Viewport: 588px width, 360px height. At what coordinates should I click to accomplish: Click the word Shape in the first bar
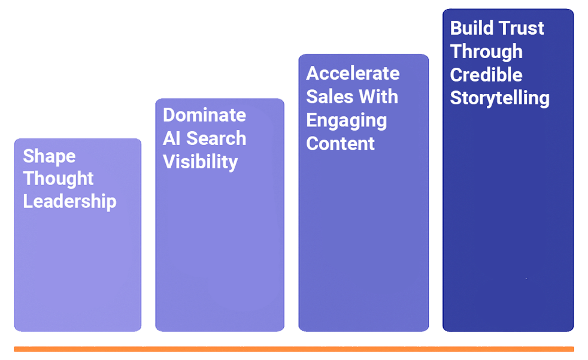(x=49, y=156)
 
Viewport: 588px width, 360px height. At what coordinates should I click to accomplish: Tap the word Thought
(x=58, y=179)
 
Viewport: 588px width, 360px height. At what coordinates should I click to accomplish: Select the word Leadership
(x=69, y=201)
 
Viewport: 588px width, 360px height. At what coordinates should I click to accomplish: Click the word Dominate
(x=204, y=115)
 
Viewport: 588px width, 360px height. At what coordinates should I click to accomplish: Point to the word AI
(x=172, y=138)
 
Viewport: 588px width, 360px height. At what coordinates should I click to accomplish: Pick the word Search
(x=216, y=138)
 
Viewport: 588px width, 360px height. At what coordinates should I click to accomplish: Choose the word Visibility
(x=200, y=162)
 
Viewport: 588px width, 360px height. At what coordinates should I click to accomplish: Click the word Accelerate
(x=353, y=73)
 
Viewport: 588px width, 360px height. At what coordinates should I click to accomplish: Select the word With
(x=378, y=96)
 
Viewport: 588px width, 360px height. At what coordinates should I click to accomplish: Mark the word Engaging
(x=346, y=120)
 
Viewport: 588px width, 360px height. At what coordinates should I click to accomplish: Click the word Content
(x=340, y=144)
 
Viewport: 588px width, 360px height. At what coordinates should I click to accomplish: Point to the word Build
(x=471, y=28)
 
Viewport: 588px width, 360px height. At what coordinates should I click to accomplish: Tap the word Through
(x=486, y=52)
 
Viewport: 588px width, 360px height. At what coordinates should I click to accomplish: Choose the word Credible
(x=486, y=75)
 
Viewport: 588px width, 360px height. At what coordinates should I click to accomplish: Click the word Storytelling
(x=499, y=98)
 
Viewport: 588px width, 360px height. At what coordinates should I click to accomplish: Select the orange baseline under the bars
(x=293, y=349)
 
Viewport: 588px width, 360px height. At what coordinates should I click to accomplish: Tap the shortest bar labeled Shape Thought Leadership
(x=78, y=270)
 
